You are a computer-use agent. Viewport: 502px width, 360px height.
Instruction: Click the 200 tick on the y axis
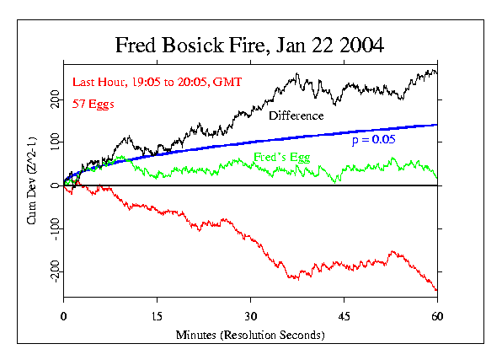(x=55, y=100)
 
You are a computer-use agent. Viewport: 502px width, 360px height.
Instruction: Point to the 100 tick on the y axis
(x=55, y=142)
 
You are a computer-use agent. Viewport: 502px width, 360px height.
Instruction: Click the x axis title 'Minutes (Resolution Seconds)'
(x=250, y=335)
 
